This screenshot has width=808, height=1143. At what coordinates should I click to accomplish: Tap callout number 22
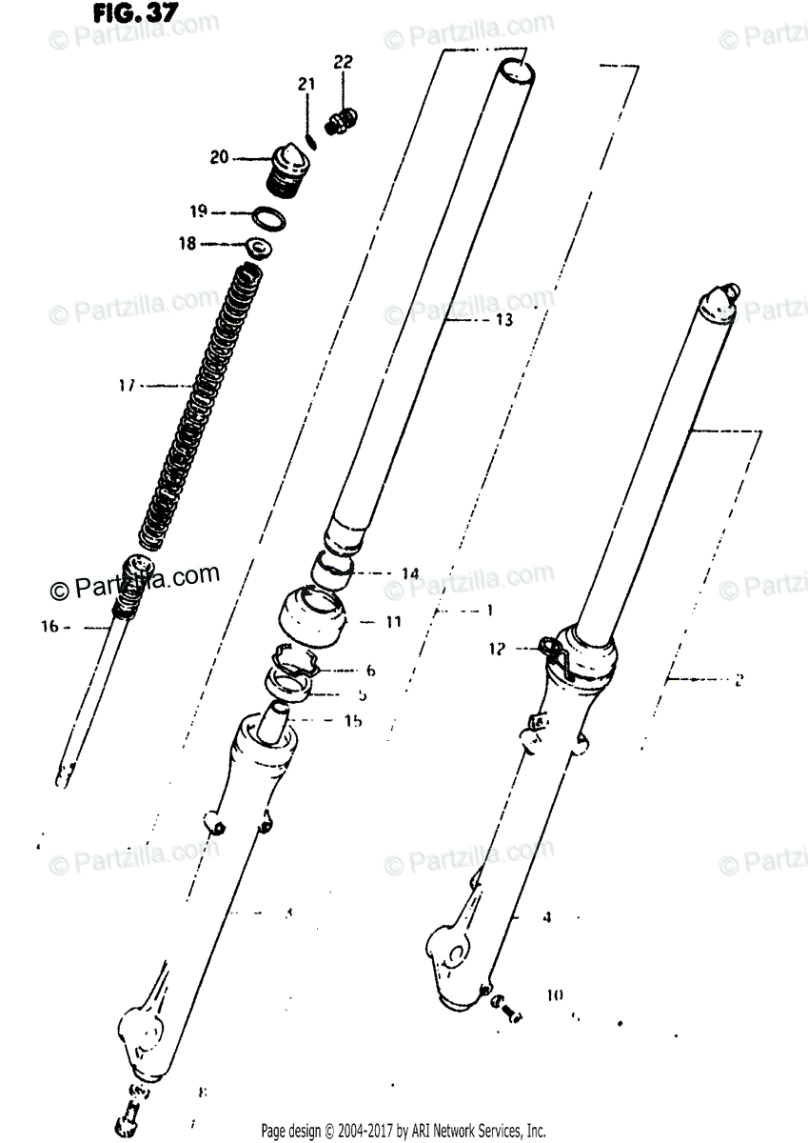point(343,63)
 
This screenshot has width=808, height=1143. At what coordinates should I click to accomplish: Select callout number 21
point(305,86)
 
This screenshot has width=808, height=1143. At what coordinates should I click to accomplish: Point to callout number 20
point(219,157)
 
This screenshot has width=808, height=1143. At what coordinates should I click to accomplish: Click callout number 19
point(197,211)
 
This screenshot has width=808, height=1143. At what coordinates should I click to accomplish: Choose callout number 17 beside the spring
point(127,386)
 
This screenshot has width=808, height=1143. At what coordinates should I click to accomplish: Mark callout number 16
point(49,627)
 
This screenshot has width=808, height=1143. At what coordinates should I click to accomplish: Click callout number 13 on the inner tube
point(503,320)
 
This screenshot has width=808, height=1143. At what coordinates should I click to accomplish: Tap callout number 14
point(409,573)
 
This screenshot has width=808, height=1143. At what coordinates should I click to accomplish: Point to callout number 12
point(496,649)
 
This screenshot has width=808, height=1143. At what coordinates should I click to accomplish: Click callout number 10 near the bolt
point(555,995)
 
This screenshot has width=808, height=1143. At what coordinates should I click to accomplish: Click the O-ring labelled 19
point(268,217)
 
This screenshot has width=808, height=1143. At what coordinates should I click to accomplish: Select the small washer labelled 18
point(257,248)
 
